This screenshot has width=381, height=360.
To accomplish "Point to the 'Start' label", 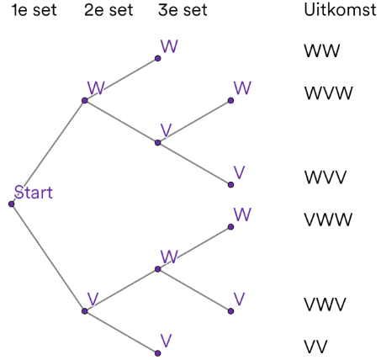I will click(x=33, y=193).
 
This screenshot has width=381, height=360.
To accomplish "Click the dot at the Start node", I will click(x=12, y=204).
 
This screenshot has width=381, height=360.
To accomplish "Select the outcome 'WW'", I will click(x=321, y=51).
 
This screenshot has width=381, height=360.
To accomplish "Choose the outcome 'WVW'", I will click(x=328, y=92).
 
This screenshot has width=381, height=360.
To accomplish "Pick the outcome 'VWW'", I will click(x=328, y=220).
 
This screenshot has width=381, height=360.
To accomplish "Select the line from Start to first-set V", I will click(x=48, y=257).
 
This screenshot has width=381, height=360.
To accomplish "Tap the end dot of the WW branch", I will click(x=157, y=59).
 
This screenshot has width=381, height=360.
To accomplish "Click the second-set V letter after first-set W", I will click(x=167, y=130).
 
